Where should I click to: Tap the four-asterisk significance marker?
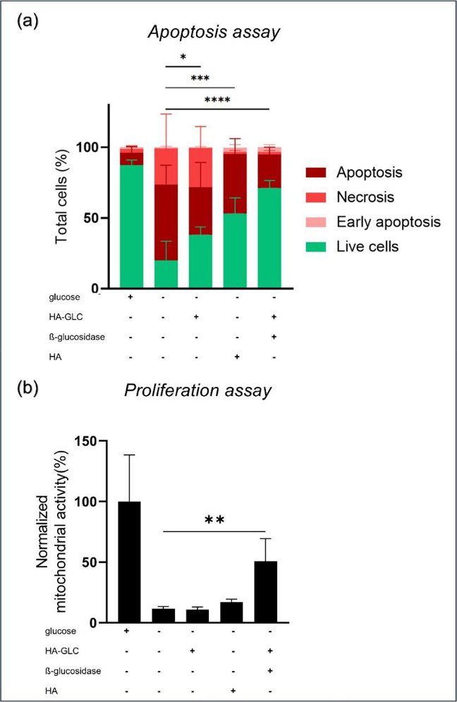click(x=217, y=100)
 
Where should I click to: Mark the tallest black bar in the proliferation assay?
click(x=131, y=562)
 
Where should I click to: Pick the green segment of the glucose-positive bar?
click(x=131, y=226)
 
